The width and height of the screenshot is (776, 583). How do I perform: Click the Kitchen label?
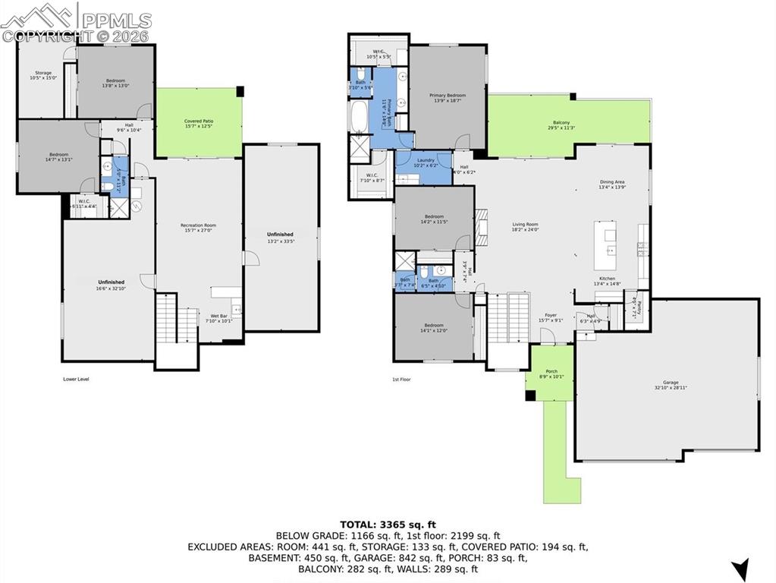(607, 280)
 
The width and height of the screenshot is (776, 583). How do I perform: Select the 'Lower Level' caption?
(76, 378)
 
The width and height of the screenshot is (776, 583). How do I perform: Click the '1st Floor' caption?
(401, 378)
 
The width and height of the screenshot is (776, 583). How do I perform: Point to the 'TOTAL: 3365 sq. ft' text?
(388, 524)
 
